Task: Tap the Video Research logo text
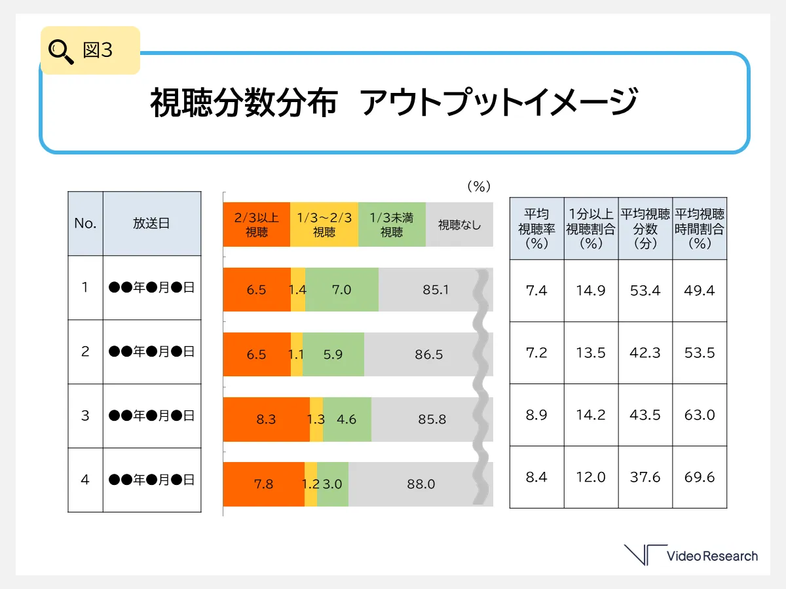pyautogui.click(x=711, y=556)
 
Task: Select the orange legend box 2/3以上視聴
pyautogui.click(x=257, y=224)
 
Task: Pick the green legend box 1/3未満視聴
pyautogui.click(x=392, y=224)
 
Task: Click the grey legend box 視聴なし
pyautogui.click(x=459, y=224)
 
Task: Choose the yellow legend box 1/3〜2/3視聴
pyautogui.click(x=324, y=224)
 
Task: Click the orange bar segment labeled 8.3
pyautogui.click(x=266, y=419)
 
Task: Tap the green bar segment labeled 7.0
pyautogui.click(x=342, y=289)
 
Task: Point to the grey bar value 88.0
pyautogui.click(x=421, y=484)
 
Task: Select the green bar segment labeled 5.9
pyautogui.click(x=333, y=354)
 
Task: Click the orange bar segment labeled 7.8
pyautogui.click(x=263, y=484)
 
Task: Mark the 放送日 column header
pyautogui.click(x=151, y=223)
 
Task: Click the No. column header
pyautogui.click(x=85, y=223)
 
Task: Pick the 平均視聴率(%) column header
pyautogui.click(x=536, y=228)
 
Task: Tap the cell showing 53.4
pyautogui.click(x=645, y=291)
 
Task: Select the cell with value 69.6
pyautogui.click(x=700, y=477)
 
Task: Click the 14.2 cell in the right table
pyautogui.click(x=591, y=415)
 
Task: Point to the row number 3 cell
pyautogui.click(x=85, y=416)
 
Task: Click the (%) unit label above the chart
pyautogui.click(x=479, y=187)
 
